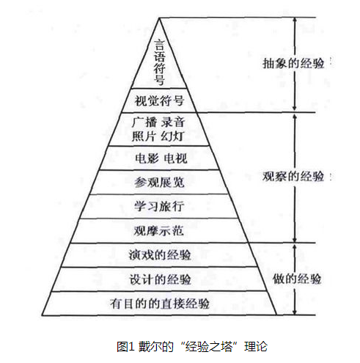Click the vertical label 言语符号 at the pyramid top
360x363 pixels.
click(x=159, y=63)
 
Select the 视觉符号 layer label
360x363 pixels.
click(x=159, y=100)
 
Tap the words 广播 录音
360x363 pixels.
click(x=158, y=122)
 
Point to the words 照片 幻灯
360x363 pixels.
click(x=158, y=136)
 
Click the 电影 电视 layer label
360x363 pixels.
click(x=161, y=158)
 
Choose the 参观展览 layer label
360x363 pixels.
click(x=159, y=182)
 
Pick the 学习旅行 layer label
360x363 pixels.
click(x=159, y=206)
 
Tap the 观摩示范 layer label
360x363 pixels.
click(x=158, y=230)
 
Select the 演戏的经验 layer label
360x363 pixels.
click(x=160, y=255)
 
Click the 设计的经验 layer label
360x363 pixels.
click(x=160, y=279)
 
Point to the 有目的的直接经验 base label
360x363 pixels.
click(x=160, y=304)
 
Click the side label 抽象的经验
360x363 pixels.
click(x=293, y=63)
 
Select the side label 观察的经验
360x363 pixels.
click(x=293, y=176)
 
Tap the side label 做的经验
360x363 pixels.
click(x=297, y=279)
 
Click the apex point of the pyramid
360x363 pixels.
click(x=159, y=18)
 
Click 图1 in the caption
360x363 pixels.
click(x=125, y=346)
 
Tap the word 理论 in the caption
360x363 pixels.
click(x=256, y=347)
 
